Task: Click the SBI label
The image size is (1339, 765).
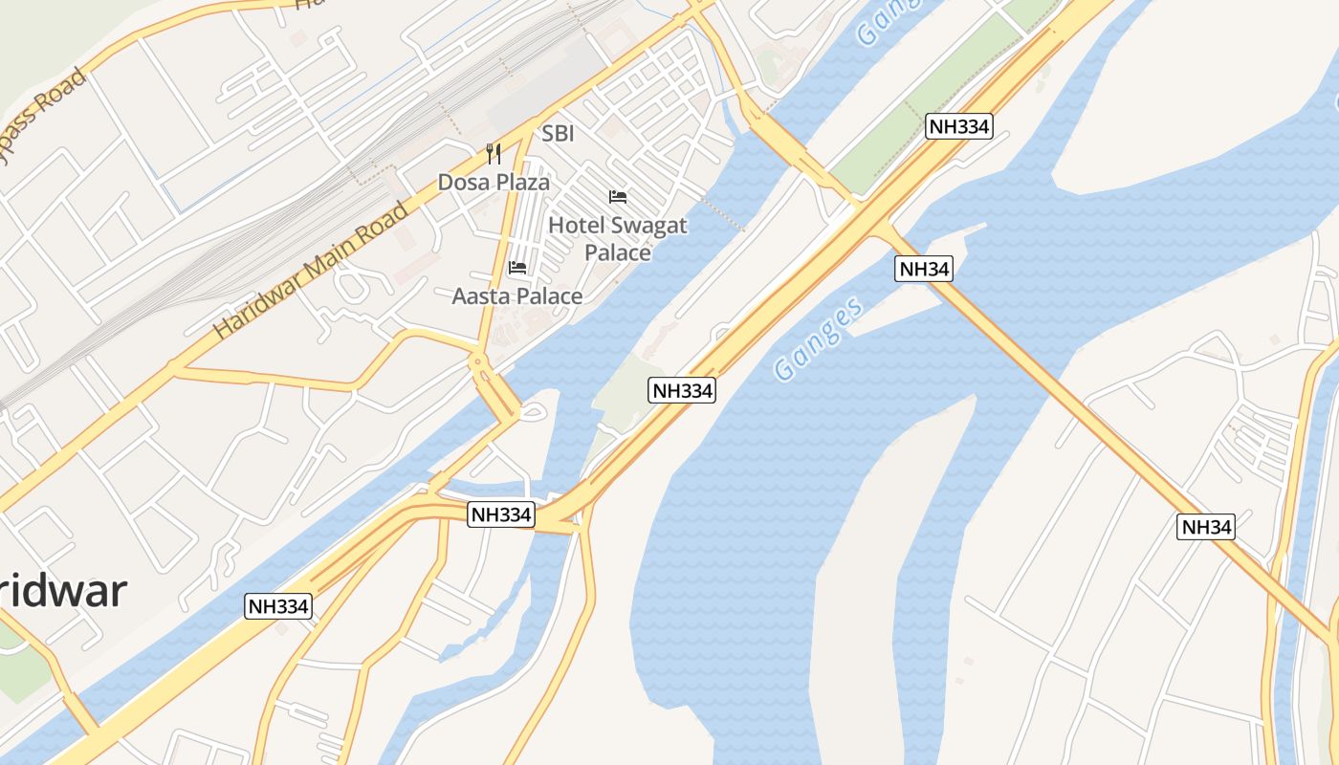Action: pos(558,134)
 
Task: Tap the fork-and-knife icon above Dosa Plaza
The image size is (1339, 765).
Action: pos(494,153)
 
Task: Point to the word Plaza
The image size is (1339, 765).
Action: pos(521,182)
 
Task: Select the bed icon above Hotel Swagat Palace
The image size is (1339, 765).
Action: pos(618,197)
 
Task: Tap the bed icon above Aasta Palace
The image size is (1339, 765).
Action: pos(517,267)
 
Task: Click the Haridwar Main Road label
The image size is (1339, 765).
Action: pos(311,271)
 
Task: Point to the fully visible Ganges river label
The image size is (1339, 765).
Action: pos(819,339)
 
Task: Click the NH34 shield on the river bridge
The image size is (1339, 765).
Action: pos(924,269)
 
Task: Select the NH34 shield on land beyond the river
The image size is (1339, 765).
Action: pos(1206,526)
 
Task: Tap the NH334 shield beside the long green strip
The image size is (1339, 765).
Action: pos(958,126)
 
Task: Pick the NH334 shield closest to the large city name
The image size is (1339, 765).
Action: pos(278,605)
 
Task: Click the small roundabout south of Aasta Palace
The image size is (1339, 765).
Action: pos(477,361)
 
